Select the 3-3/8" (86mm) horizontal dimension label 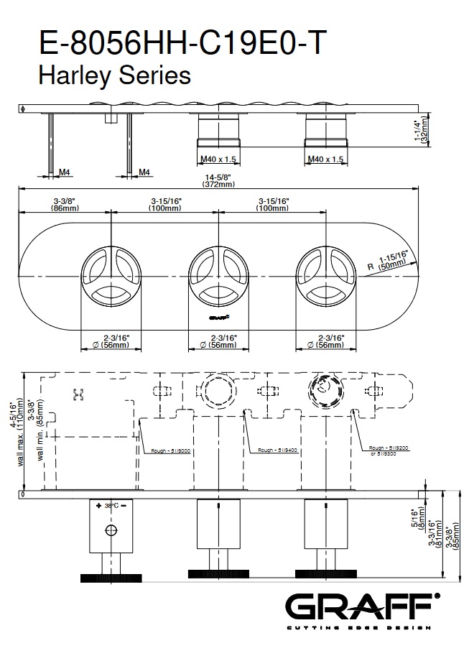pos(65,204)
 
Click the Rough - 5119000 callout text pos(170,451)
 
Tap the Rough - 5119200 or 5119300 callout pos(389,451)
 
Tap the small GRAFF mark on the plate pos(218,315)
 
